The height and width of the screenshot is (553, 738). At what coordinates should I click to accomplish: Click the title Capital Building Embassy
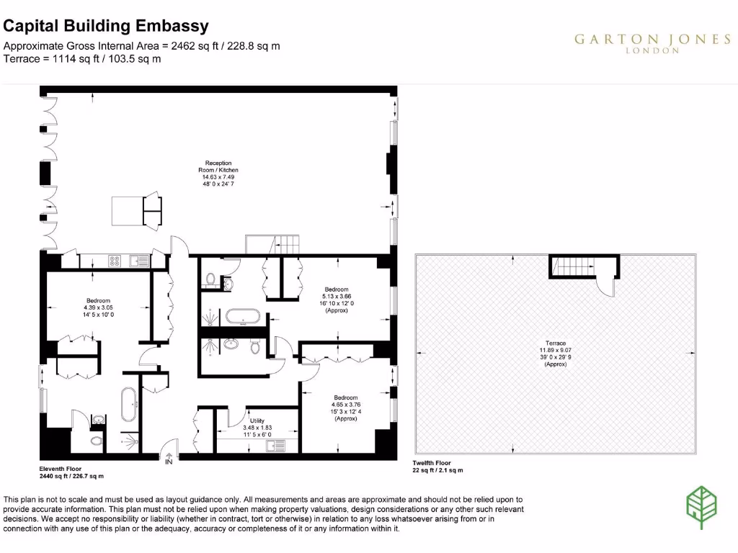(106, 27)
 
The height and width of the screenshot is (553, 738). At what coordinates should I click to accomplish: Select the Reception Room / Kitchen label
(218, 173)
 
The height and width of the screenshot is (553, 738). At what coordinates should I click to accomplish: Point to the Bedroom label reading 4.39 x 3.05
(98, 307)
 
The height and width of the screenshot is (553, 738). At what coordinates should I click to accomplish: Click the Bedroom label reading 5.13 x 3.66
(336, 300)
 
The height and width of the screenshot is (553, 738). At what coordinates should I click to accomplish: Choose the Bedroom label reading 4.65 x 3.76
(347, 408)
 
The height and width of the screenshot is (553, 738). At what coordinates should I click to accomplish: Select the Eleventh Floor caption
(71, 472)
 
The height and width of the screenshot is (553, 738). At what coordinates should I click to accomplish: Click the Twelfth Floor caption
(437, 466)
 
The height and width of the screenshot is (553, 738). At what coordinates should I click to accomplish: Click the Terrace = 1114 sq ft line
(82, 59)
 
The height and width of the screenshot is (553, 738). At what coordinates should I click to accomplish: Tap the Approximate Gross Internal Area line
(142, 46)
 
